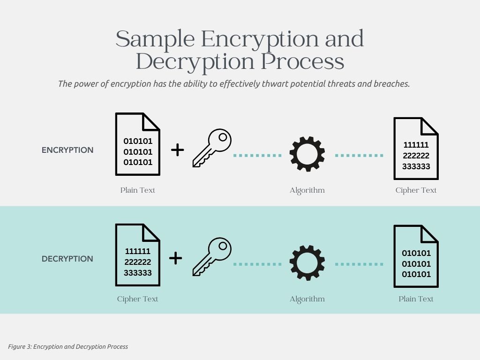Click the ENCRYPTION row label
[x=67, y=150]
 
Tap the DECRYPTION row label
[x=67, y=259]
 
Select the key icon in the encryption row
[x=212, y=148]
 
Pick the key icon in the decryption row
[x=212, y=256]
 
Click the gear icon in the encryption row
[x=307, y=154]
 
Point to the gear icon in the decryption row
[x=307, y=262]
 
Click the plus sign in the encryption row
[x=177, y=150]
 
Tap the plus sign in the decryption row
[x=175, y=258]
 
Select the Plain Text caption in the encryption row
[x=137, y=190]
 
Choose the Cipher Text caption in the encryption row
[x=416, y=190]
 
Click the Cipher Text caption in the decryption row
[x=137, y=299]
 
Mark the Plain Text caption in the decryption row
[x=416, y=299]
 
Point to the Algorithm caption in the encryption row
[x=307, y=190]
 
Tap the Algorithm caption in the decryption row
[x=307, y=299]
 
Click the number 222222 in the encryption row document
[x=416, y=156]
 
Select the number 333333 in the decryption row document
[x=137, y=273]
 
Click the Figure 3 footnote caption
[x=68, y=347]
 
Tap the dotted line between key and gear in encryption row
[x=257, y=155]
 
